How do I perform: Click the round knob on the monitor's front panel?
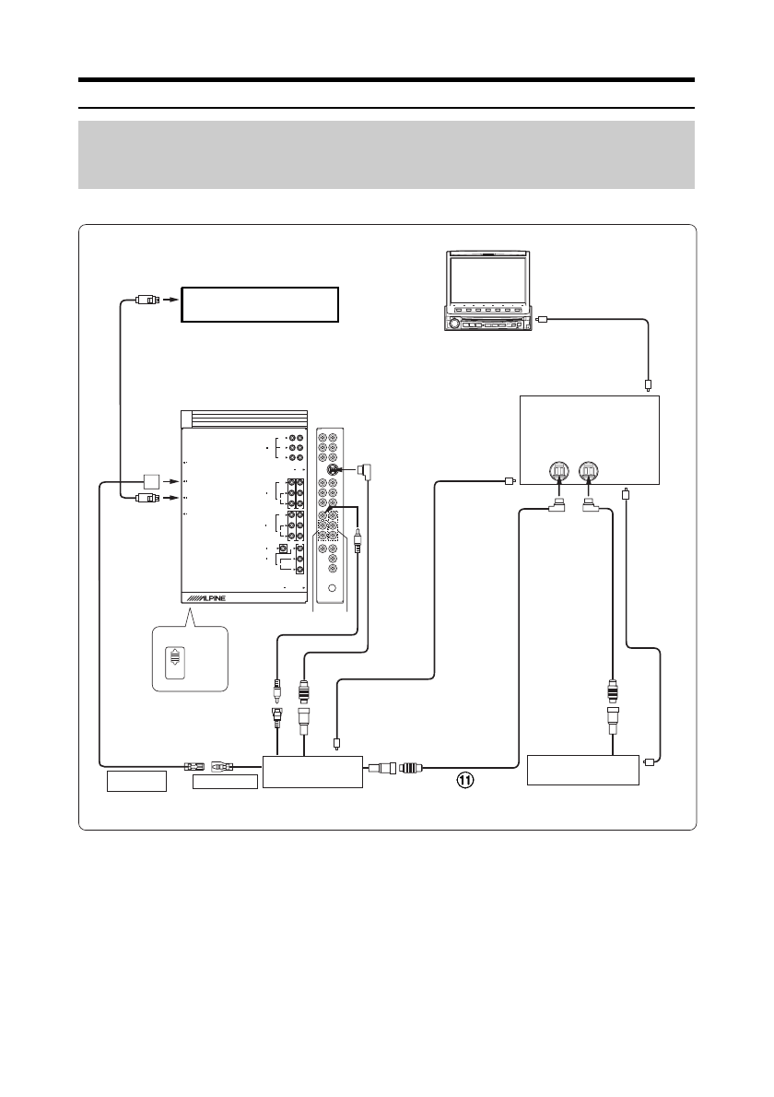point(453,324)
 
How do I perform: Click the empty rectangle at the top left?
point(260,303)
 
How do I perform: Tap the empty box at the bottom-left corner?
point(135,782)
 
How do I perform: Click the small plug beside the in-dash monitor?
point(544,320)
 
